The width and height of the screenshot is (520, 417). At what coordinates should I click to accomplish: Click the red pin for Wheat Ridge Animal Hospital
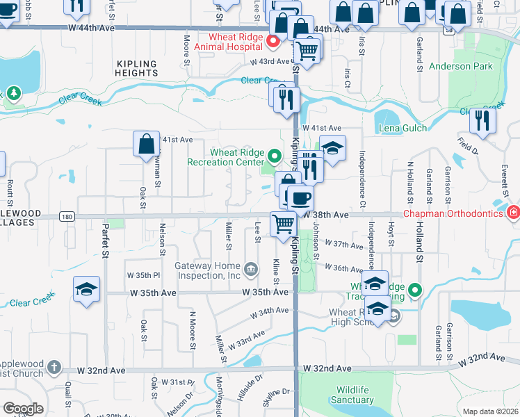pyautogui.click(x=273, y=42)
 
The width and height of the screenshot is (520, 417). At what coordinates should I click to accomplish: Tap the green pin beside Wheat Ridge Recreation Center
pyautogui.click(x=274, y=156)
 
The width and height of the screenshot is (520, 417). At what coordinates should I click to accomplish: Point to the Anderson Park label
pyautogui.click(x=460, y=67)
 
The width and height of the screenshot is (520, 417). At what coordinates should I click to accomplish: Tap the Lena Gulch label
pyautogui.click(x=403, y=129)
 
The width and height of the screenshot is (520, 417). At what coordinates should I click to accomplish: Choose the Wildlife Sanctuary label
pyautogui.click(x=352, y=395)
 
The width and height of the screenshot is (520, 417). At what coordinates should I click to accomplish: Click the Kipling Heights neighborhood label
pyautogui.click(x=137, y=68)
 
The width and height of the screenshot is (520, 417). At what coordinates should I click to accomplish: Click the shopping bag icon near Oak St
pyautogui.click(x=147, y=145)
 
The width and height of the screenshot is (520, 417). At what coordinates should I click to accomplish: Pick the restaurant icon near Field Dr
pyautogui.click(x=482, y=121)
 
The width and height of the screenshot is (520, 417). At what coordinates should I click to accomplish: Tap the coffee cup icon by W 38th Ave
pyautogui.click(x=300, y=198)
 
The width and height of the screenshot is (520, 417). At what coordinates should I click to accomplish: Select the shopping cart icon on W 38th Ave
pyautogui.click(x=283, y=224)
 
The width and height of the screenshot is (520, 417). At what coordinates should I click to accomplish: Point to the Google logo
pyautogui.click(x=23, y=409)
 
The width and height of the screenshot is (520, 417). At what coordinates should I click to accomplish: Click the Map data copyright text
pyautogui.click(x=490, y=411)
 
